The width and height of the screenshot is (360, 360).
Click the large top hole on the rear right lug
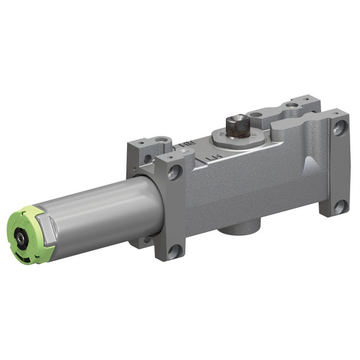[x=293, y=105]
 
